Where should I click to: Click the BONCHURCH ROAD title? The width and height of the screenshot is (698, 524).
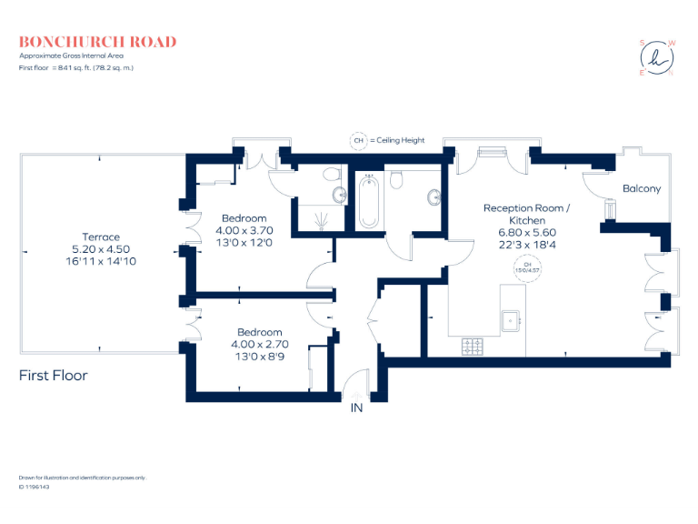(x=98, y=42)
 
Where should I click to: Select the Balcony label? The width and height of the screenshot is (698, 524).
(x=642, y=189)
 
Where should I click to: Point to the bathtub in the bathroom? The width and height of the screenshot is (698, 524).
(x=368, y=203)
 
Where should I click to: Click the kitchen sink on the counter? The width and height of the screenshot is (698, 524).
(x=513, y=318)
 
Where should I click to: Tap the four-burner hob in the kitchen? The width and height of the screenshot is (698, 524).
(x=474, y=346)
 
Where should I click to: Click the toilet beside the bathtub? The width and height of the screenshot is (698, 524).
(x=396, y=181)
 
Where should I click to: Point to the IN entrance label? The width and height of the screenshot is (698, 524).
(x=356, y=408)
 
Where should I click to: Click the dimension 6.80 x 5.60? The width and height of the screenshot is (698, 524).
(x=526, y=232)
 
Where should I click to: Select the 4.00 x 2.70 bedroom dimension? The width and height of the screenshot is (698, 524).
(x=260, y=345)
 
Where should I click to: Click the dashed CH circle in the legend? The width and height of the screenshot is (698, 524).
(x=358, y=141)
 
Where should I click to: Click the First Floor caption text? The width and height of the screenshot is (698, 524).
(x=54, y=375)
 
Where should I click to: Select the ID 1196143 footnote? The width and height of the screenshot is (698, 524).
(x=34, y=487)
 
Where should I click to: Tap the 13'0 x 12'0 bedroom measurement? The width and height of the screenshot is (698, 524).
(x=246, y=243)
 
